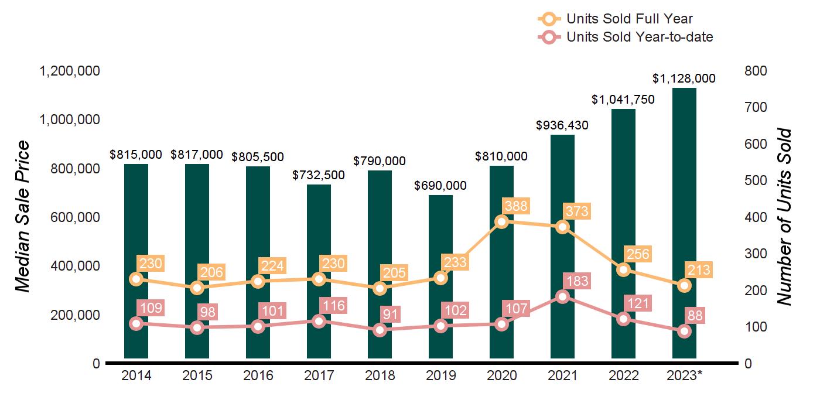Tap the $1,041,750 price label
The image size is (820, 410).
coord(623,100)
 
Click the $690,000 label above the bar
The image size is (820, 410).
coord(440,186)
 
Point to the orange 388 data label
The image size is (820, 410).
coord(515,206)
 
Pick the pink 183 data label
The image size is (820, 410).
coord(576,281)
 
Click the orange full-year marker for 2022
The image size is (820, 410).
coord(623,269)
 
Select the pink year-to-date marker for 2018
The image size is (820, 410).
coord(380,330)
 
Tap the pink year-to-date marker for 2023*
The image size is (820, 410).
coord(684,331)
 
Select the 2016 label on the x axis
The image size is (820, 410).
coord(258,376)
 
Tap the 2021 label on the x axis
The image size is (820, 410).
coord(562,376)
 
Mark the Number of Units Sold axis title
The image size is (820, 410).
coord(784,217)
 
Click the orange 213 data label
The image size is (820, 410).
coord(698,270)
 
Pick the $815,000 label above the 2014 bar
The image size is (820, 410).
coord(136,155)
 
